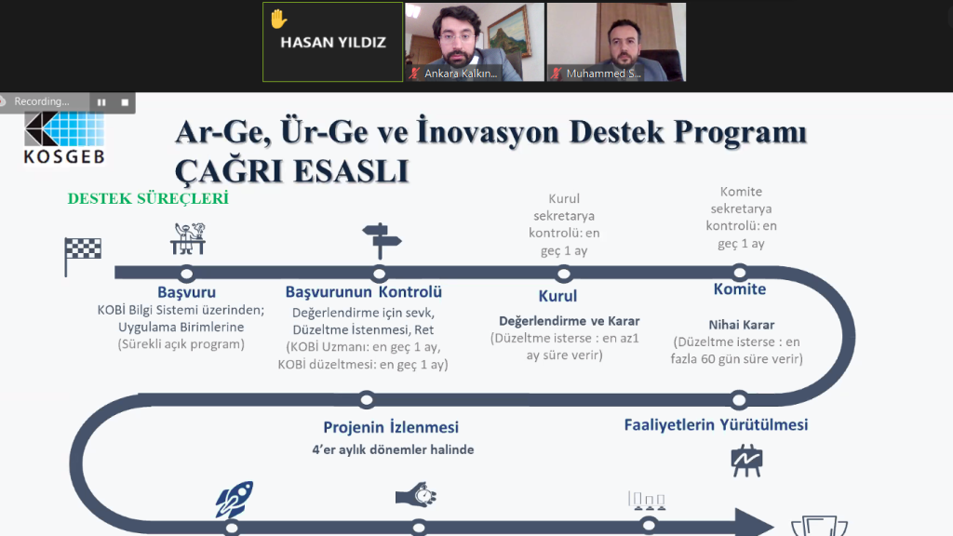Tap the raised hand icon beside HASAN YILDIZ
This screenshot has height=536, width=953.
click(x=278, y=19)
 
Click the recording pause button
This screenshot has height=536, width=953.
click(x=101, y=102)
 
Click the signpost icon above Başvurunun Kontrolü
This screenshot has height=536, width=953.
click(x=381, y=241)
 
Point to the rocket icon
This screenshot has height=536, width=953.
click(x=235, y=499)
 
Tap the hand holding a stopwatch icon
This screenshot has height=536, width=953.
click(x=416, y=495)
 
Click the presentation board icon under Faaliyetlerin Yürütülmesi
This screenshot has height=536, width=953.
click(x=746, y=461)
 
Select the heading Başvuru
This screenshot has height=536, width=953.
click(x=186, y=292)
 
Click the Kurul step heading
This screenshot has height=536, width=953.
click(x=557, y=296)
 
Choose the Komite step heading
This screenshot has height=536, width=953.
click(x=740, y=289)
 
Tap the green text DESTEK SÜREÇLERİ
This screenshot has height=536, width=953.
click(x=148, y=199)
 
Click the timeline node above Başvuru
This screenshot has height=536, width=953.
click(x=186, y=274)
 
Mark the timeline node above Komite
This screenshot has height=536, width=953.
click(x=740, y=273)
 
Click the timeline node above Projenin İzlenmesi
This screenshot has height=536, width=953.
click(x=367, y=400)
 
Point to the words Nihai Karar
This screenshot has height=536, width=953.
click(x=742, y=325)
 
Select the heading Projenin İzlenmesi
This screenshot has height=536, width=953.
click(x=391, y=427)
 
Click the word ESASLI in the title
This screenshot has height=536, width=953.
click(x=351, y=171)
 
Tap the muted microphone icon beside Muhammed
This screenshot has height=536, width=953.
click(x=557, y=74)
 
